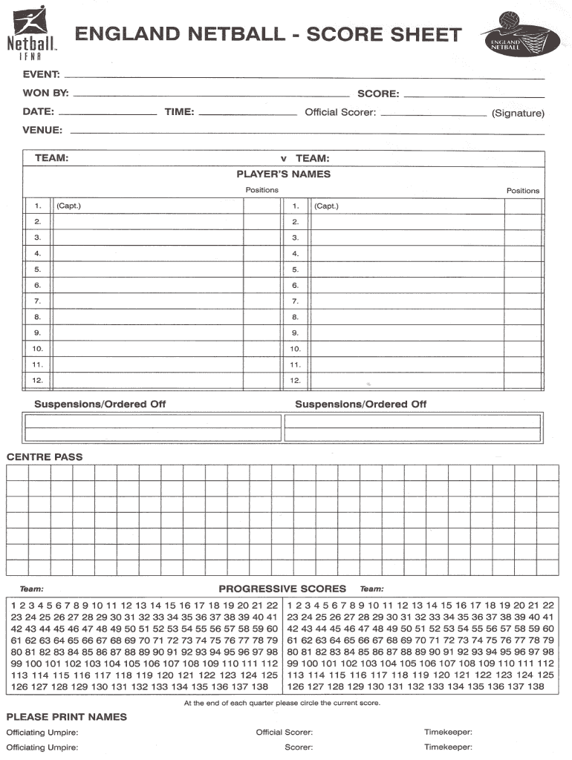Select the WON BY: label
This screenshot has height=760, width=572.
point(45,94)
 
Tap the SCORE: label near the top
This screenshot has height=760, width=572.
point(378,94)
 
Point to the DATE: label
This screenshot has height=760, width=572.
point(38,112)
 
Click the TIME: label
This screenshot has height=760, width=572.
point(180,112)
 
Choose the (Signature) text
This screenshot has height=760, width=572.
point(518,114)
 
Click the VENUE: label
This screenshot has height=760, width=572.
point(42,130)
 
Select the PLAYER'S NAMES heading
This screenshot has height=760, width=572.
point(283,174)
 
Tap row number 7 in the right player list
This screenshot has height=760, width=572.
point(295,301)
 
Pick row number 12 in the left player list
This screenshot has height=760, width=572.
point(38,380)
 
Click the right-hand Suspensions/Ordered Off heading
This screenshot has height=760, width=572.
point(360,404)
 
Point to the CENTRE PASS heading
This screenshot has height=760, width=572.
point(45,456)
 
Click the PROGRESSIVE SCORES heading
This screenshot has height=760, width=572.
point(282,589)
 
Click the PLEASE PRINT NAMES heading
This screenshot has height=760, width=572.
point(66,717)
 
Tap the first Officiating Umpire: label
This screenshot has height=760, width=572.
point(42,733)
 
